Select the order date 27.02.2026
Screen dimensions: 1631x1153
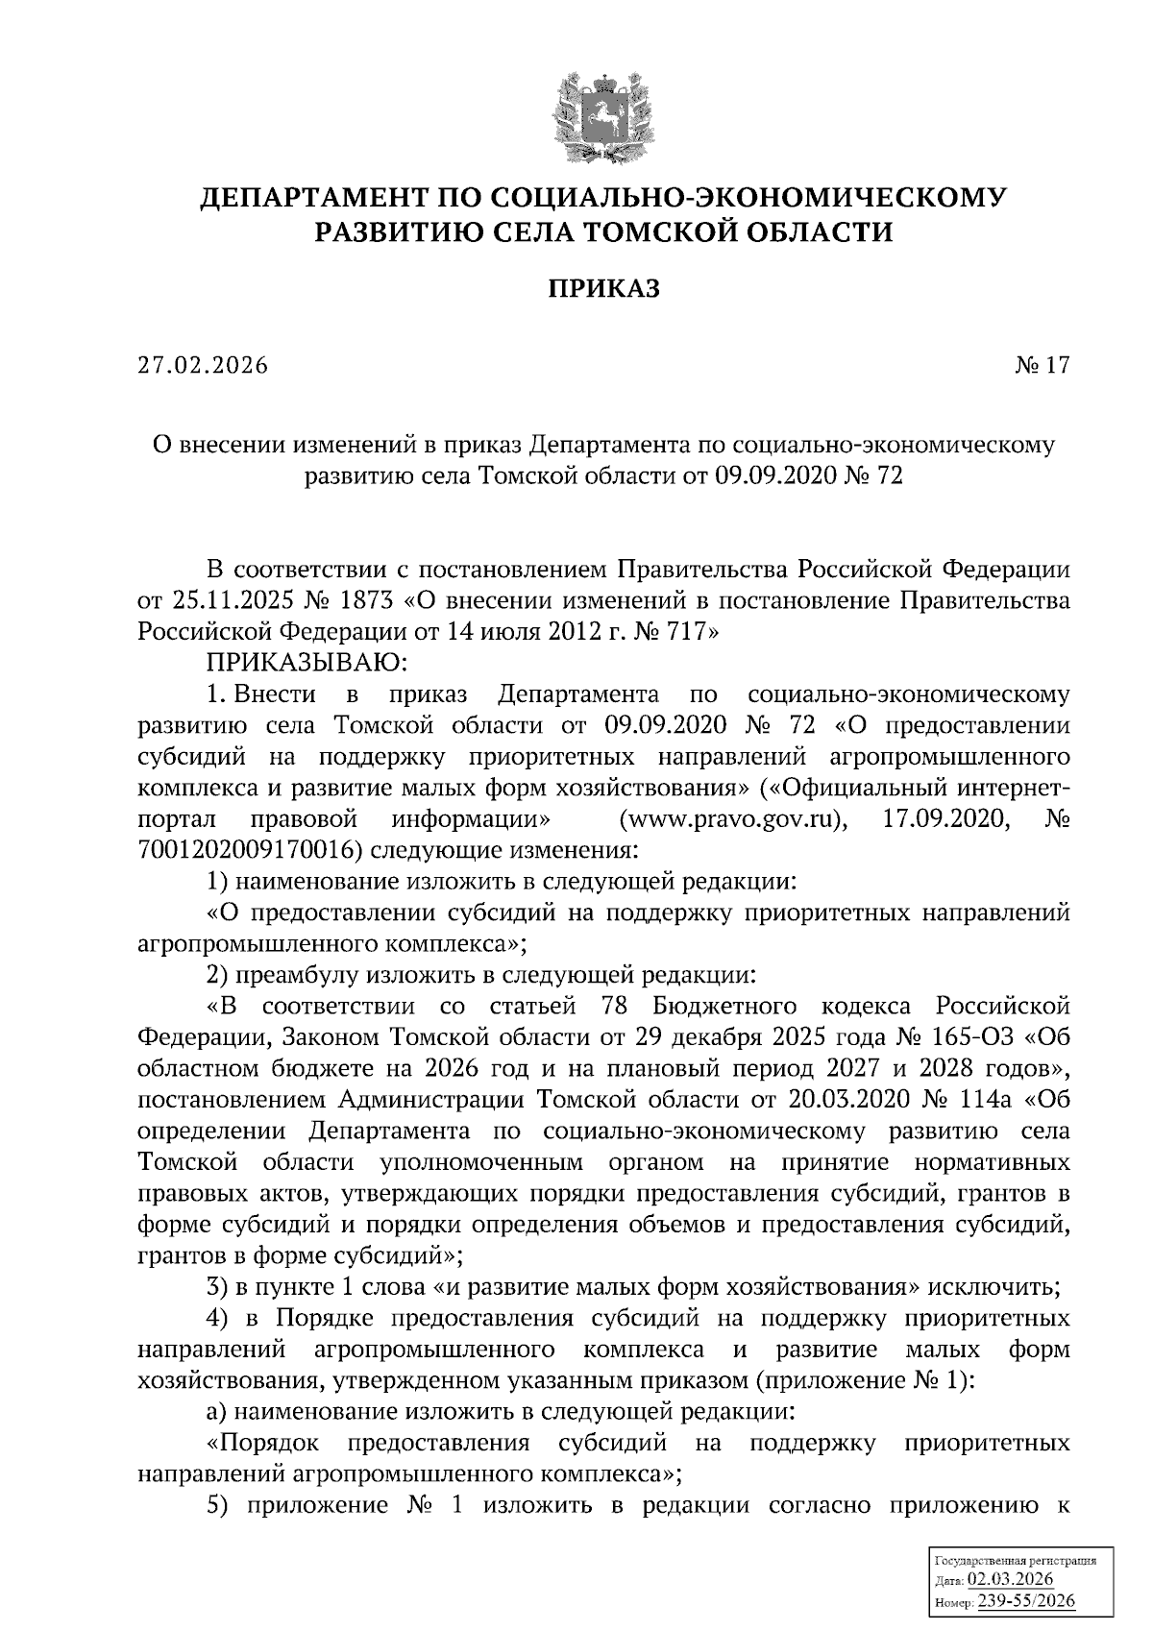pyautogui.click(x=203, y=366)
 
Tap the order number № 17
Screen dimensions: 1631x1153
pyautogui.click(x=1042, y=366)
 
